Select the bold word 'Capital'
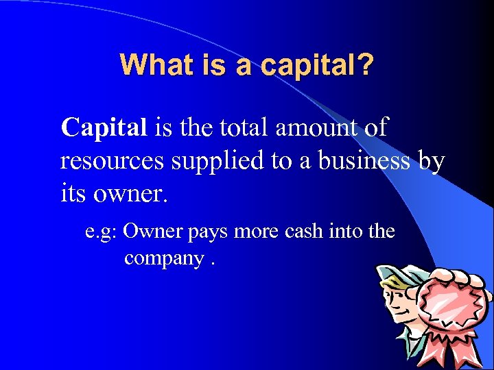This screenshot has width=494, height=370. pos(104,127)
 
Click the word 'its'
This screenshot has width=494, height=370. pos(72,194)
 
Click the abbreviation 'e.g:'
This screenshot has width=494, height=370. pos(103,232)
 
